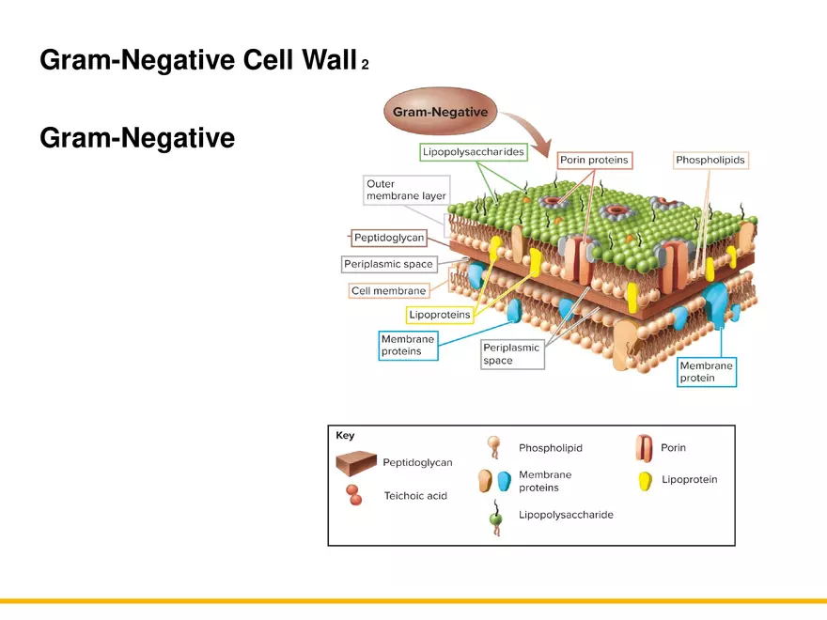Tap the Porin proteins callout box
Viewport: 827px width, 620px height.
[x=594, y=161]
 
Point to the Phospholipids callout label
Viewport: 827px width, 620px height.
[x=710, y=161]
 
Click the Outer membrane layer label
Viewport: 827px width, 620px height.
[x=406, y=190]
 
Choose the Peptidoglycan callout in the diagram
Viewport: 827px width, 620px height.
[x=388, y=238]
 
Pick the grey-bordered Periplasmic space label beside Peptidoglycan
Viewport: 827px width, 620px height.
[x=388, y=264]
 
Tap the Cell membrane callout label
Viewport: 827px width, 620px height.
[x=388, y=291]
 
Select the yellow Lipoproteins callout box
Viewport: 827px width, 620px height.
[x=440, y=315]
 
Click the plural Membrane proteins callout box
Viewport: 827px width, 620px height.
[x=408, y=345]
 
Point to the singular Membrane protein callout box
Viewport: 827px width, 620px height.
[x=707, y=371]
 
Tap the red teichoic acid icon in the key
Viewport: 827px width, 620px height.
[x=353, y=495]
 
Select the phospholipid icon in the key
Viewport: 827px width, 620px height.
[x=494, y=448]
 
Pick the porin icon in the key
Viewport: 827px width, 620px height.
[x=645, y=448]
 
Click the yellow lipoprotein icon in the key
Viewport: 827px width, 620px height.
[x=646, y=481]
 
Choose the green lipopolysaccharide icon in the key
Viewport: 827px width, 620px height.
[x=495, y=518]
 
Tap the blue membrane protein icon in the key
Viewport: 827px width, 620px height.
[x=504, y=482]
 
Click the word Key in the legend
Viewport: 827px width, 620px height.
[x=346, y=436]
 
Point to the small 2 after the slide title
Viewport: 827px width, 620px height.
[x=365, y=65]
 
